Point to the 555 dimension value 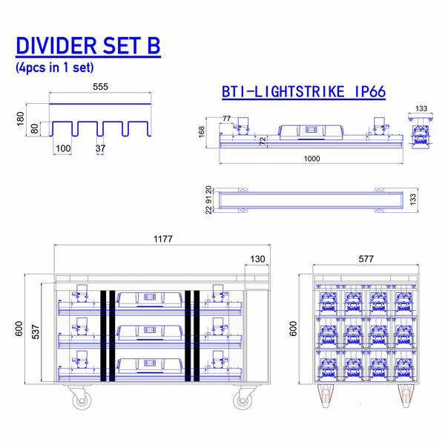[x=100, y=87]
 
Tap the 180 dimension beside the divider [x=20, y=118]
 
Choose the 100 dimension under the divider [x=64, y=148]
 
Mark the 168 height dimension [x=201, y=132]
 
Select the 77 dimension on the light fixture [x=226, y=118]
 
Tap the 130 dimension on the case [x=257, y=259]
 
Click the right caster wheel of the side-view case [x=243, y=401]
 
